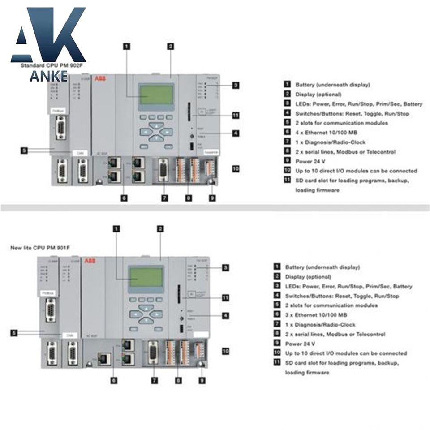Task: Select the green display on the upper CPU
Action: click(x=155, y=95)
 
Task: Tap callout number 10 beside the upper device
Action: click(x=236, y=169)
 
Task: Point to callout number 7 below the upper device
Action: click(x=165, y=198)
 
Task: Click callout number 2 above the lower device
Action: click(x=160, y=228)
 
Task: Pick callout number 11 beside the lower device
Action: click(x=226, y=297)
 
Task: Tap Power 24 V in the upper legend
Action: click(x=310, y=161)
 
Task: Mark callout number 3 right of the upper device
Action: click(x=235, y=85)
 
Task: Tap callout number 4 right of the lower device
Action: click(x=225, y=315)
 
